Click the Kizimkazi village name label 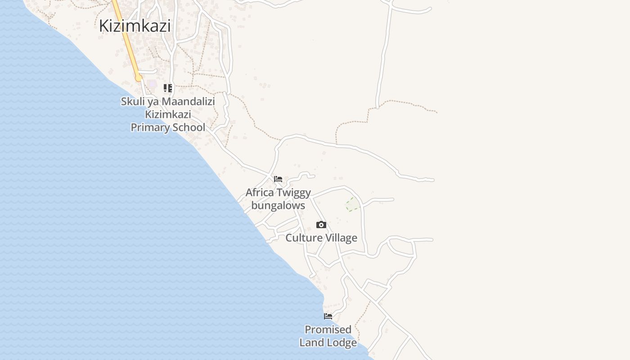click(135, 26)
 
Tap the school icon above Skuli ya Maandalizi click(167, 88)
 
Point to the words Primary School click(168, 127)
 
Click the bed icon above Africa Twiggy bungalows click(278, 179)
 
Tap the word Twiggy click(293, 193)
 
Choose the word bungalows click(278, 206)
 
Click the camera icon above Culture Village click(321, 225)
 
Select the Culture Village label click(321, 238)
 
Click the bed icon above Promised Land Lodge click(328, 316)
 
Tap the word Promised click(328, 329)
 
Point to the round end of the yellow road click(139, 78)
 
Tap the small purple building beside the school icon click(153, 84)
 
